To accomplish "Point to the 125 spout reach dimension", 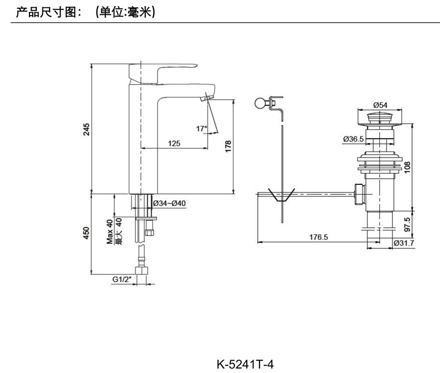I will pos(174,144).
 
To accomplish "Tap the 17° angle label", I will pos(201,129).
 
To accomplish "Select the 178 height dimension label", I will pos(227,146).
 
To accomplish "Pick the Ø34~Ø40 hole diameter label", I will pos(169,203).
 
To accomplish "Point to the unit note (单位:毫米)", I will pos(125,11).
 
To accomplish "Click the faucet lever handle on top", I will pos(162,71).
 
